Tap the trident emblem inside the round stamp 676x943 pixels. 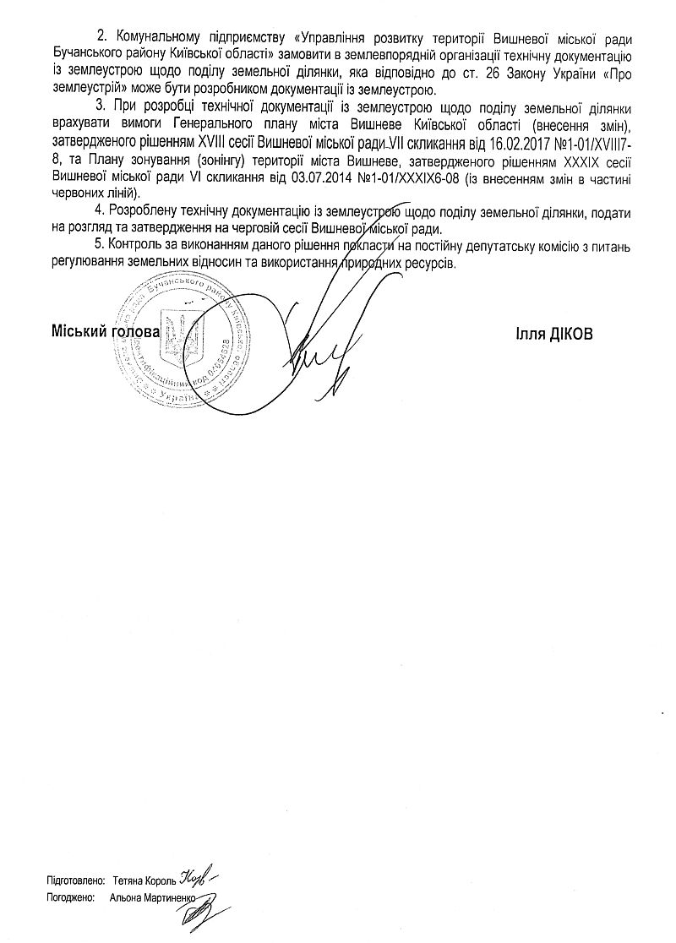[x=178, y=340]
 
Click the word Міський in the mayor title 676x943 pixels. [x=74, y=333]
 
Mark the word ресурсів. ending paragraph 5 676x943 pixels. [x=430, y=264]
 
